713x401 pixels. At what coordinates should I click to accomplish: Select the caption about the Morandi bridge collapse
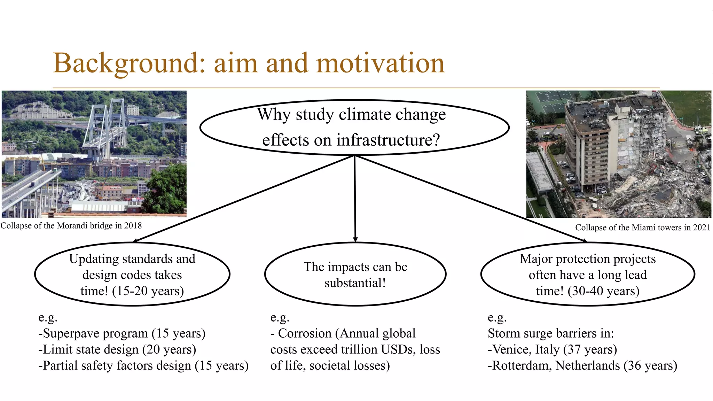click(x=71, y=226)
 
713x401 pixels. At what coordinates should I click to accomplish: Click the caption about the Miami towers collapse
click(x=642, y=228)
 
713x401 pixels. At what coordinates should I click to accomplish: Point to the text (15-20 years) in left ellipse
click(x=148, y=291)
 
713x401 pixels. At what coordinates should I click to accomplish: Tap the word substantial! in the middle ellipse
click(x=355, y=283)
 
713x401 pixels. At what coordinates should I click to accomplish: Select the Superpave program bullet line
click(x=122, y=333)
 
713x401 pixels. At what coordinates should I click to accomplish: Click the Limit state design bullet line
click(x=117, y=349)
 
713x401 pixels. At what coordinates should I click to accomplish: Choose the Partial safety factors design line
click(x=143, y=365)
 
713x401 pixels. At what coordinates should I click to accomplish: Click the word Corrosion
click(x=305, y=333)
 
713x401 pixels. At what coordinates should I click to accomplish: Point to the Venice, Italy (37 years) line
click(x=552, y=349)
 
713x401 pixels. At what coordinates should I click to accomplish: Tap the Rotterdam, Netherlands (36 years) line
click(x=582, y=365)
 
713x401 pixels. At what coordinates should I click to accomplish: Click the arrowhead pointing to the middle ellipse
click(x=355, y=239)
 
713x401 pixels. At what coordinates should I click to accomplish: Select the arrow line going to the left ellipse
click(x=244, y=199)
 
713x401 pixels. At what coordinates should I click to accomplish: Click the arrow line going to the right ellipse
click(x=470, y=199)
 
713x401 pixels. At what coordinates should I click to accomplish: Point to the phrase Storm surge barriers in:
click(x=551, y=333)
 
